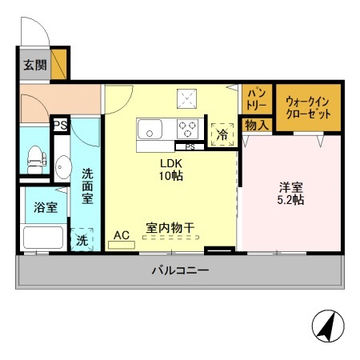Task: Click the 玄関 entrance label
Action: click(33, 66)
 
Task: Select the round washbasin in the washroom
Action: click(62, 170)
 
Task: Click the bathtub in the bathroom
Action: click(42, 238)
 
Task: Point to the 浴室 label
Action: click(45, 207)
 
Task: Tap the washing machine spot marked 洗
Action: click(82, 240)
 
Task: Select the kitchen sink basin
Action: click(150, 128)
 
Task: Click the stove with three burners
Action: click(189, 127)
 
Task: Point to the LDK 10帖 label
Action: click(169, 170)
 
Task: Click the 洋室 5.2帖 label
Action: click(290, 194)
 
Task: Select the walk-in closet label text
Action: click(308, 107)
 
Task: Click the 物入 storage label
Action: click(256, 126)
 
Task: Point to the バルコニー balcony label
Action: click(180, 271)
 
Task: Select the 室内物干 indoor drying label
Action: click(170, 227)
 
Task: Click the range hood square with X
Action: click(189, 98)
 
